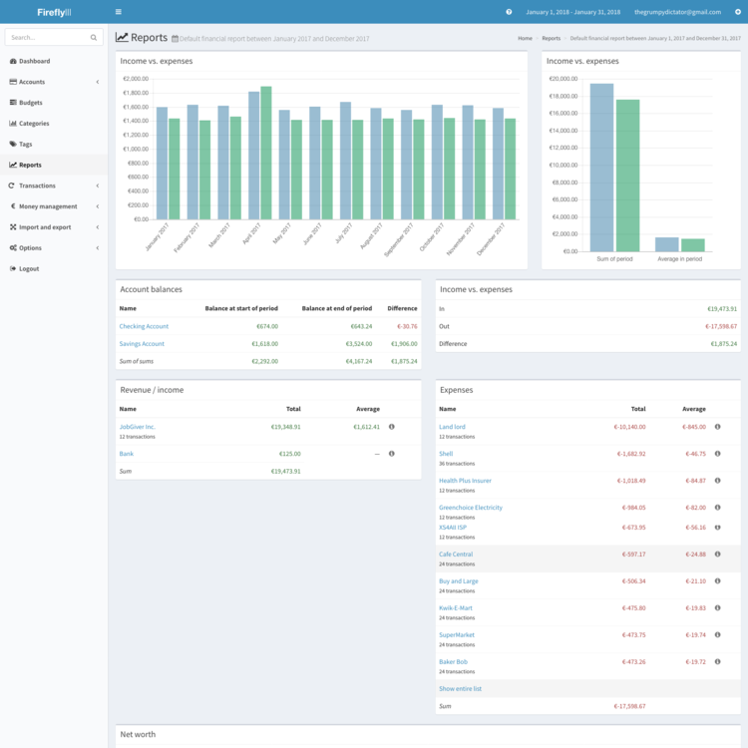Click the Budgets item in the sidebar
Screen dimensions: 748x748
coord(30,103)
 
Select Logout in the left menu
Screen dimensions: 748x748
coord(29,268)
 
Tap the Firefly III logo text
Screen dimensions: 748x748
coord(54,12)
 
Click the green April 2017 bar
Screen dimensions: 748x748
coord(266,155)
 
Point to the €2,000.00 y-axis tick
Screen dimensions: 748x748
coord(135,79)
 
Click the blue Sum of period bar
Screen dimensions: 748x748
coord(601,167)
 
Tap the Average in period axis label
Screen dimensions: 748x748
coord(679,258)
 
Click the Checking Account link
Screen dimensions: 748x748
coord(144,326)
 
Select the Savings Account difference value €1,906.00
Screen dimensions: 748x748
coord(402,344)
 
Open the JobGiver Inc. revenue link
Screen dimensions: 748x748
coord(138,426)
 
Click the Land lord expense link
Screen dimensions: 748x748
coord(452,426)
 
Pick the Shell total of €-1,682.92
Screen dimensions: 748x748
coord(629,454)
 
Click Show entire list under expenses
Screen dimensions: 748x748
coord(460,688)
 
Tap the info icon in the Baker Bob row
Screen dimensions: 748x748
coord(717,661)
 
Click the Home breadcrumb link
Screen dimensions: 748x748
coord(525,38)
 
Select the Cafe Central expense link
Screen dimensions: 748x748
coord(456,554)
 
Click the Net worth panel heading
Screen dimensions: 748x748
coord(138,734)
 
